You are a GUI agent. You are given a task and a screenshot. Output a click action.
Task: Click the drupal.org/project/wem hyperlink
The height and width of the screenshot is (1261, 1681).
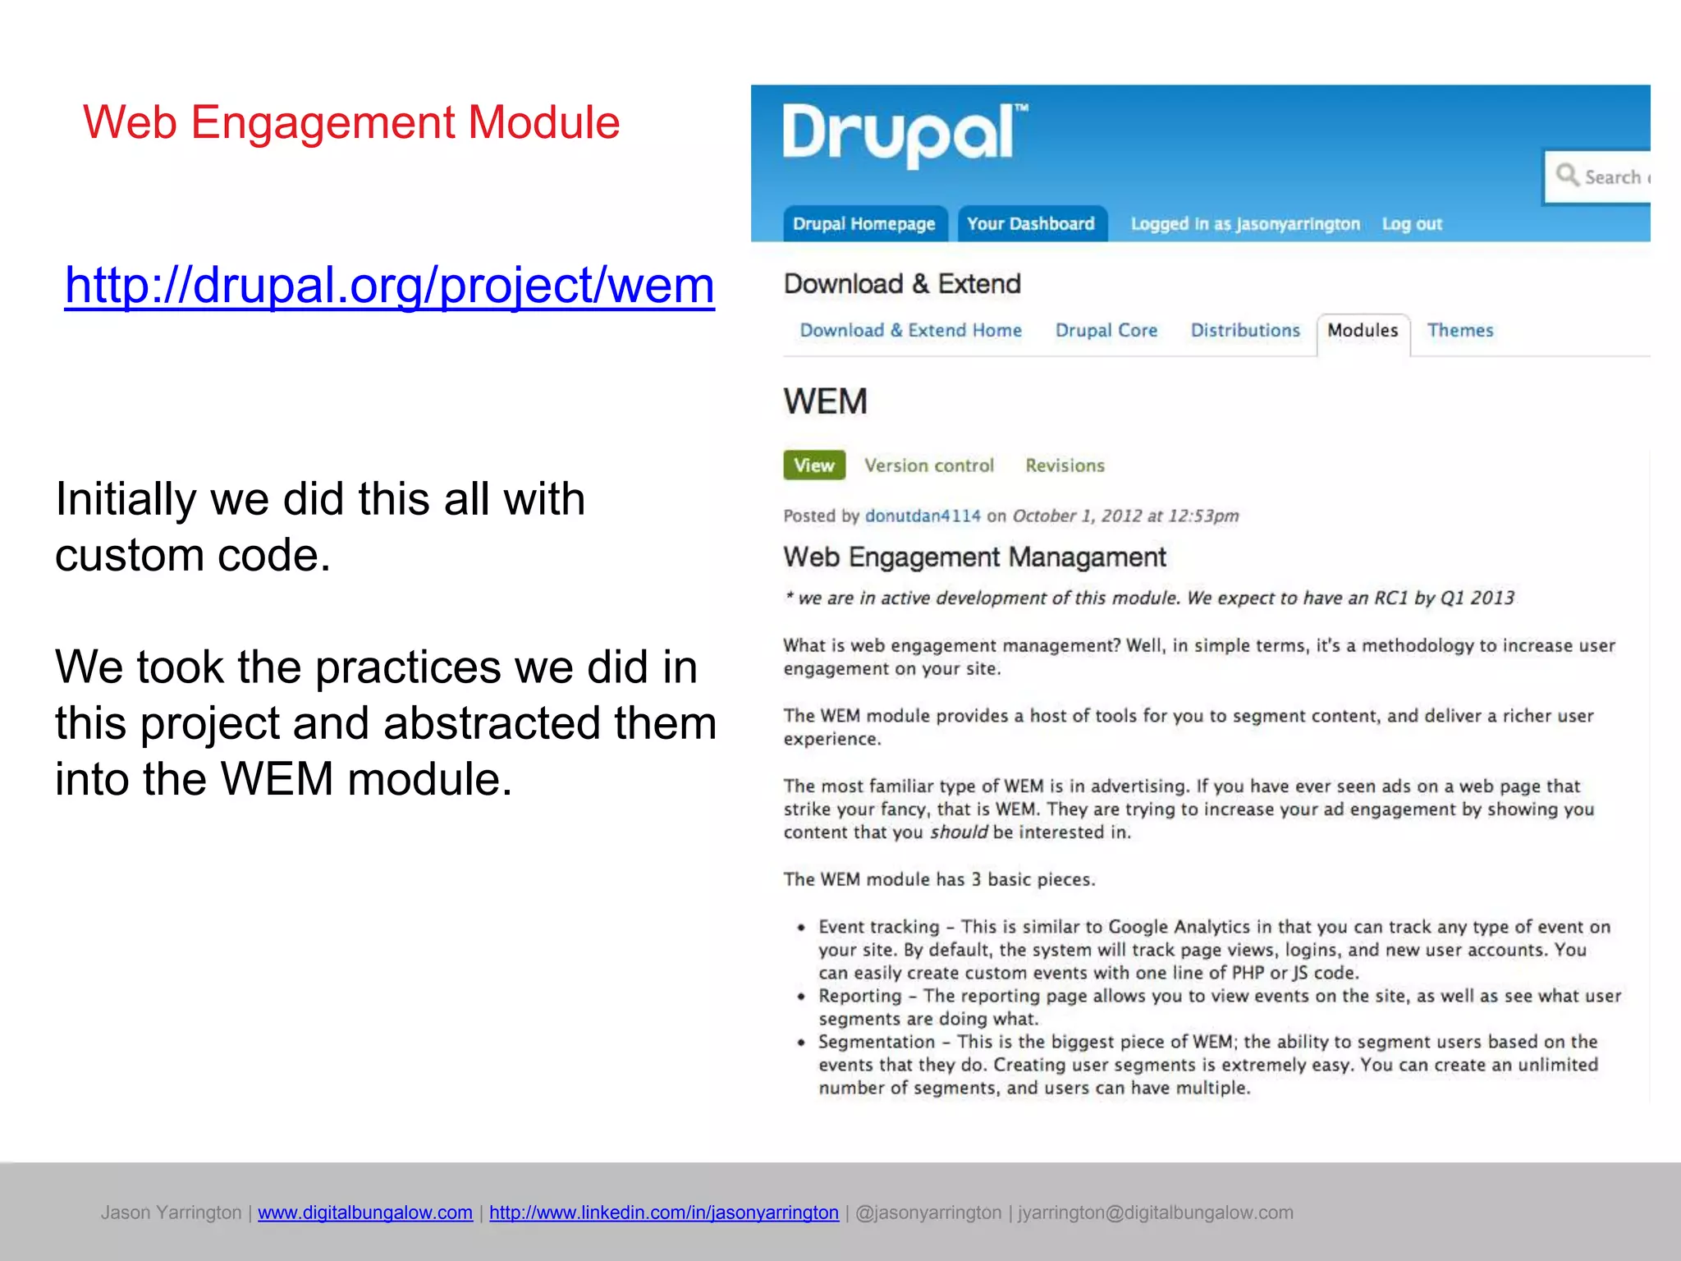tap(389, 286)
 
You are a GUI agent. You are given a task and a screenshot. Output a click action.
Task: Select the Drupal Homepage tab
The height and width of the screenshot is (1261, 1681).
tap(863, 224)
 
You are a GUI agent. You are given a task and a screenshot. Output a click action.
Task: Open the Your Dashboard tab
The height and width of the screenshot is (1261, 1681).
tap(1031, 224)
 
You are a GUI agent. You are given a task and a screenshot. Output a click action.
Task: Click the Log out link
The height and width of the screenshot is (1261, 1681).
tap(1412, 224)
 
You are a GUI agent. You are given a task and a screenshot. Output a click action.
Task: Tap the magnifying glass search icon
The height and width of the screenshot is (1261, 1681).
tap(1567, 175)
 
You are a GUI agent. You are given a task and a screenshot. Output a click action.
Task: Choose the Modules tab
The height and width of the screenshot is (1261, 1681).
tap(1363, 331)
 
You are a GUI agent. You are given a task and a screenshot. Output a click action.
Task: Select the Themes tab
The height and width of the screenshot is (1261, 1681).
tap(1460, 331)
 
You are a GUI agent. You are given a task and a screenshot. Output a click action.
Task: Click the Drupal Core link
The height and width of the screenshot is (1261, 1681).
tap(1106, 331)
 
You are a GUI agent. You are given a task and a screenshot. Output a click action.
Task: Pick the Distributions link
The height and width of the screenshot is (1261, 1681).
tap(1245, 331)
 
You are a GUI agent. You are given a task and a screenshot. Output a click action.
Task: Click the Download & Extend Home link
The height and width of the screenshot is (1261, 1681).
tap(911, 331)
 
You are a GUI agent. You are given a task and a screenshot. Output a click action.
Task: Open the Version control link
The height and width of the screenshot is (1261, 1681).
tap(929, 466)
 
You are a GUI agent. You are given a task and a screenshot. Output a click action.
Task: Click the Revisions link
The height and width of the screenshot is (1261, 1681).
tap(1065, 466)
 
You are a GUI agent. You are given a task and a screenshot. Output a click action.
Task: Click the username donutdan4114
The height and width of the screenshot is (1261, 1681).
tap(923, 516)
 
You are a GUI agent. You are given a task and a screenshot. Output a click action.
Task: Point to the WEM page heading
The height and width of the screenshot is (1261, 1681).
tap(825, 402)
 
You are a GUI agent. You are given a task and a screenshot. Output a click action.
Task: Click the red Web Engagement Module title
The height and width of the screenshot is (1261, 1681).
tap(351, 123)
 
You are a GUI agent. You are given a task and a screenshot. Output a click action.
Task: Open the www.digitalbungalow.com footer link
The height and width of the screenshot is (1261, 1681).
tap(365, 1213)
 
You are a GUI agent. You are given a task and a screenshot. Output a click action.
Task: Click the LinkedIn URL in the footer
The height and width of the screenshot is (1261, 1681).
tap(664, 1213)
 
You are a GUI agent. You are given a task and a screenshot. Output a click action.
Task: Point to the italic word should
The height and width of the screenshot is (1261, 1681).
tap(959, 832)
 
